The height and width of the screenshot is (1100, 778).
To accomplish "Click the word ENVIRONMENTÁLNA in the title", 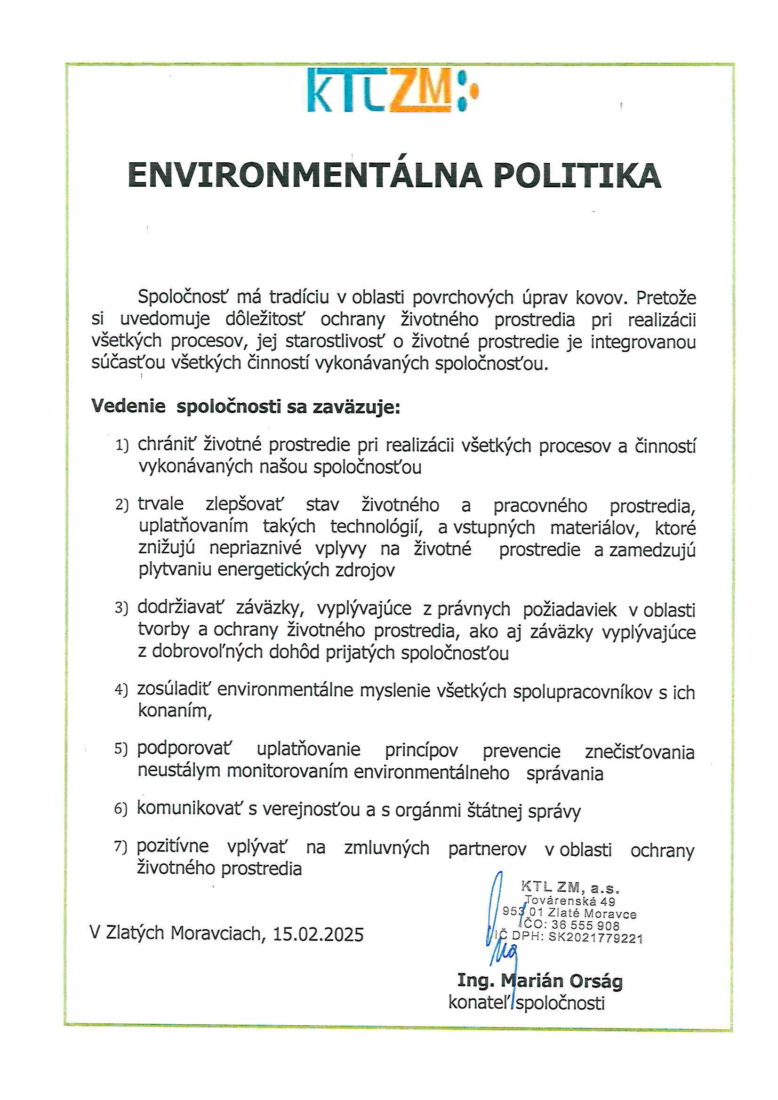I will click(x=305, y=176).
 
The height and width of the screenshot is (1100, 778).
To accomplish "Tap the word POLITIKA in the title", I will click(x=577, y=176).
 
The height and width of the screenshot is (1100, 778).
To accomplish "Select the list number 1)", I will click(x=122, y=446).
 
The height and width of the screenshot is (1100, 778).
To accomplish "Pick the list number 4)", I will click(x=121, y=690).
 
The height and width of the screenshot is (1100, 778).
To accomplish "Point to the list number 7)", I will click(x=121, y=846).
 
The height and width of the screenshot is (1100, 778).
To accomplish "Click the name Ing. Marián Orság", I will click(x=540, y=980).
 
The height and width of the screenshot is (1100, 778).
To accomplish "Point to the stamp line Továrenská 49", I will click(x=570, y=901).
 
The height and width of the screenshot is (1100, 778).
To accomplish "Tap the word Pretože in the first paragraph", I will click(x=666, y=298).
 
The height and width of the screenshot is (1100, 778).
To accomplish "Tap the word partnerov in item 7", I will click(x=487, y=848).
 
